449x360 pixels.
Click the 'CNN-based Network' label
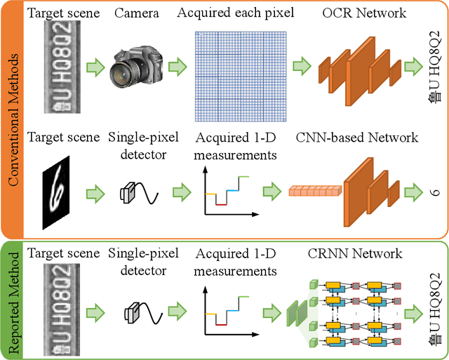coord(357,138)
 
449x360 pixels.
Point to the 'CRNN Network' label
coord(355,253)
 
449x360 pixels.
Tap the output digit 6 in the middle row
coord(434,191)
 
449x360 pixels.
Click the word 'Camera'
coord(134,13)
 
